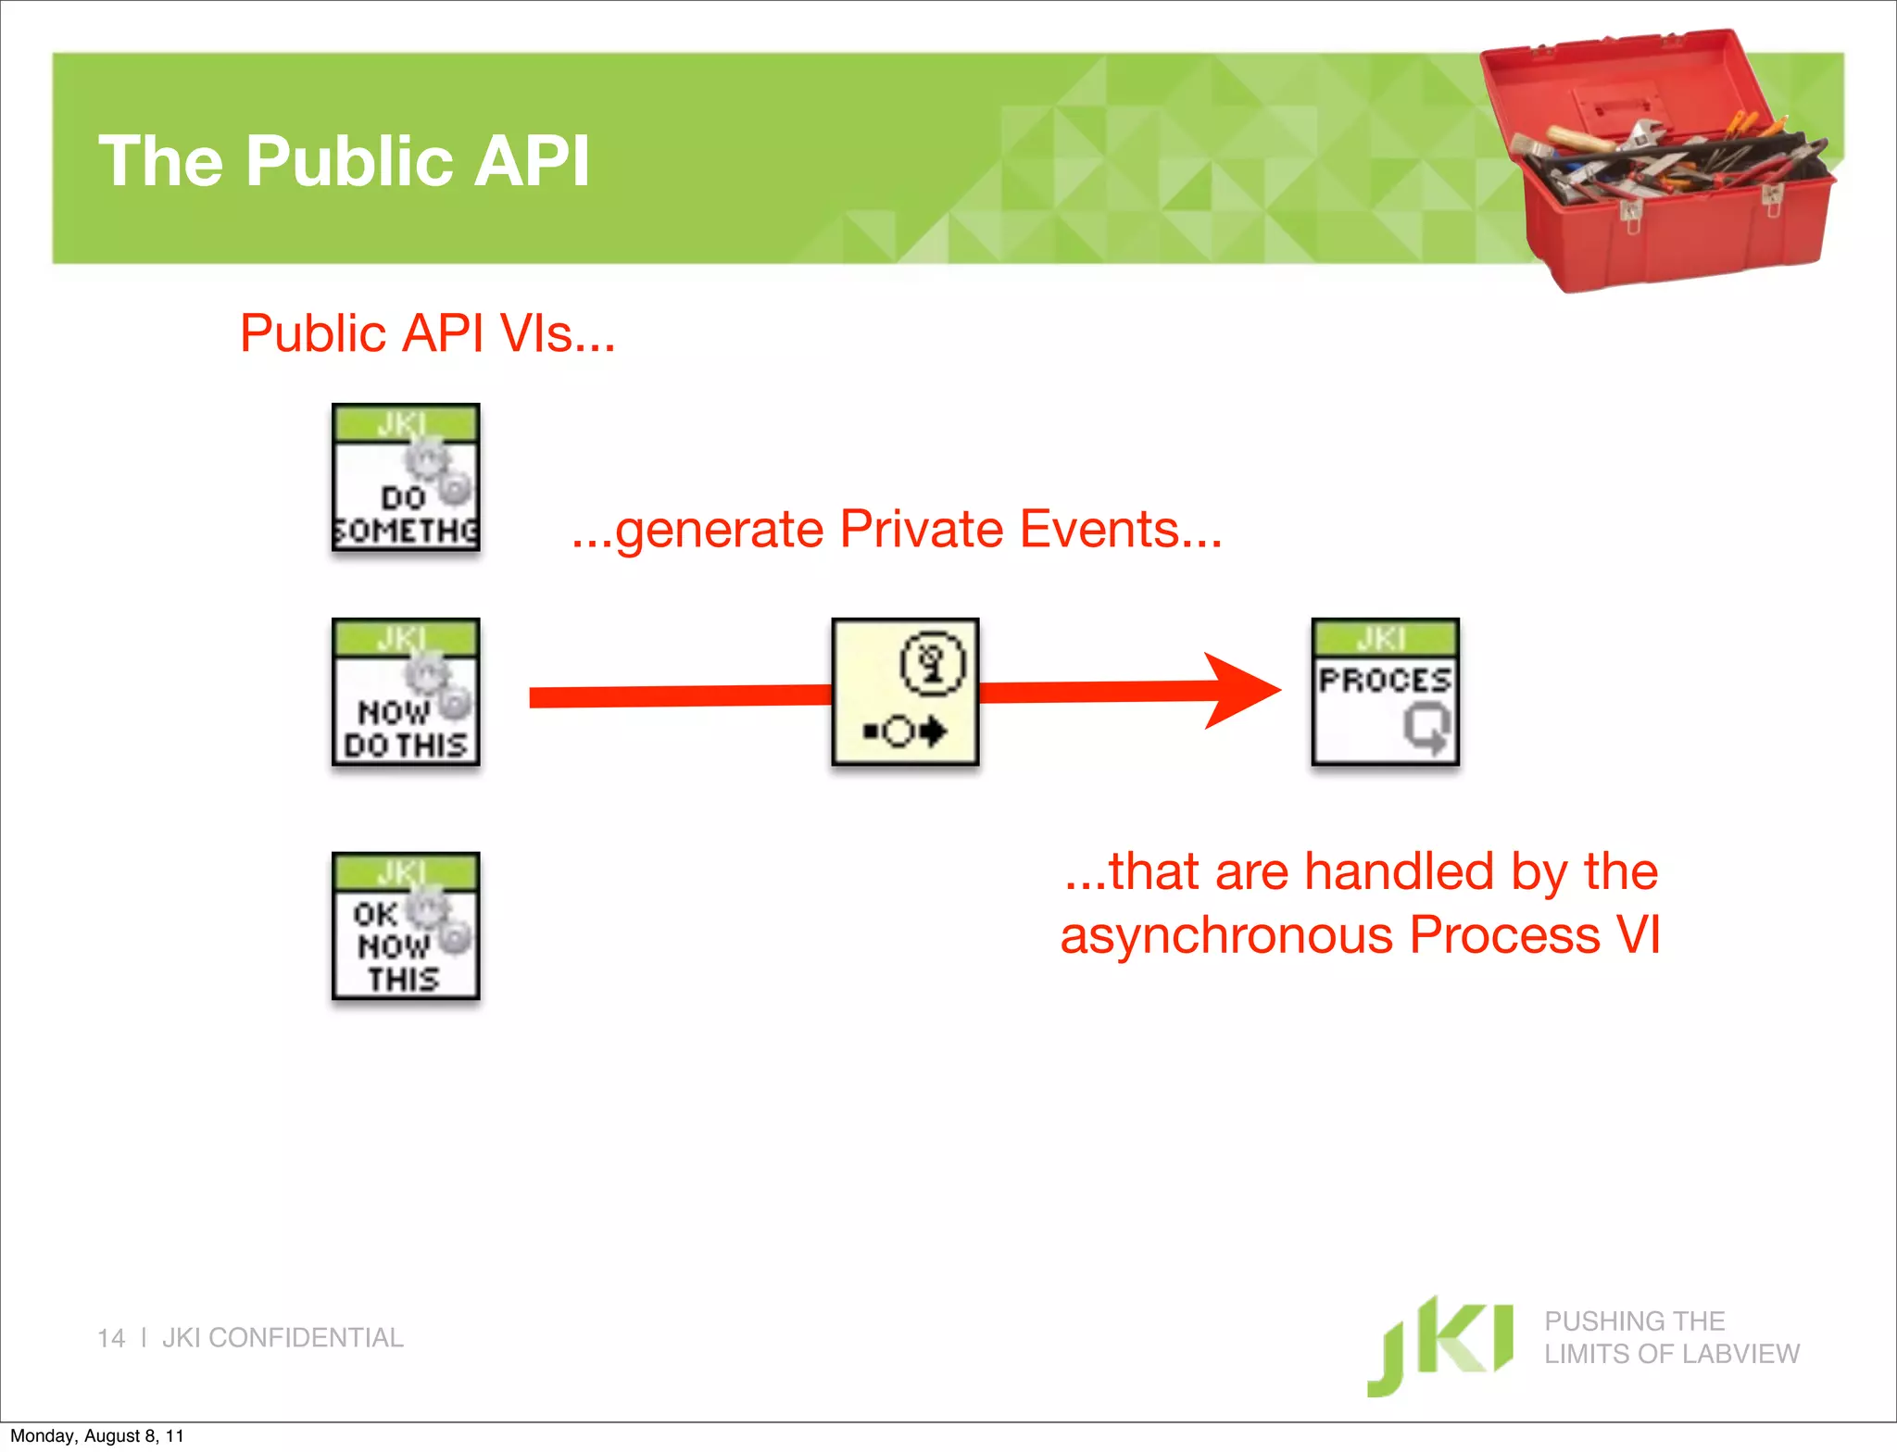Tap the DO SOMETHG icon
[x=406, y=478]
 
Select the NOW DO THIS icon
[x=406, y=693]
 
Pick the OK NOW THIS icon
[x=406, y=926]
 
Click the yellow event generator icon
[x=905, y=692]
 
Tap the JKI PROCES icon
[x=1385, y=692]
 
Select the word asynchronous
[x=1225, y=935]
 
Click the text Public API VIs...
[x=427, y=333]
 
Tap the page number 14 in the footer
[x=111, y=1338]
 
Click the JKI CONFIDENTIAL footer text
[x=283, y=1338]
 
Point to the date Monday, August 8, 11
[x=96, y=1436]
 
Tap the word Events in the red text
[x=1120, y=530]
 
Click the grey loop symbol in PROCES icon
[x=1426, y=728]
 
